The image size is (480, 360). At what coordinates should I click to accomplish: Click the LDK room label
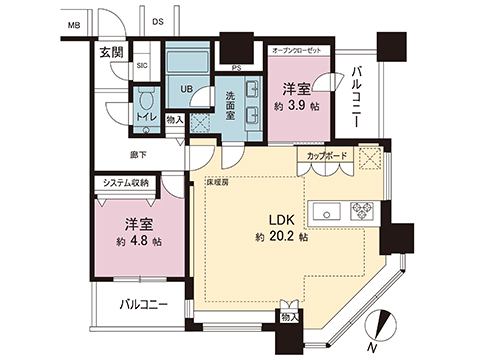[278, 220]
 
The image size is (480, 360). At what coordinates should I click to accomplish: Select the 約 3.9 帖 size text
[299, 104]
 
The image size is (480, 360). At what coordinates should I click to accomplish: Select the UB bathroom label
[187, 87]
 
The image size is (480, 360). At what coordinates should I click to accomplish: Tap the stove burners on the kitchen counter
[361, 211]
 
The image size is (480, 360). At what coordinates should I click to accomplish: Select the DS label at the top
[158, 21]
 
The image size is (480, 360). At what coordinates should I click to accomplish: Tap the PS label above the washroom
[236, 68]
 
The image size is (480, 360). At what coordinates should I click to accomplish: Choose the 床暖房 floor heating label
[219, 183]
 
